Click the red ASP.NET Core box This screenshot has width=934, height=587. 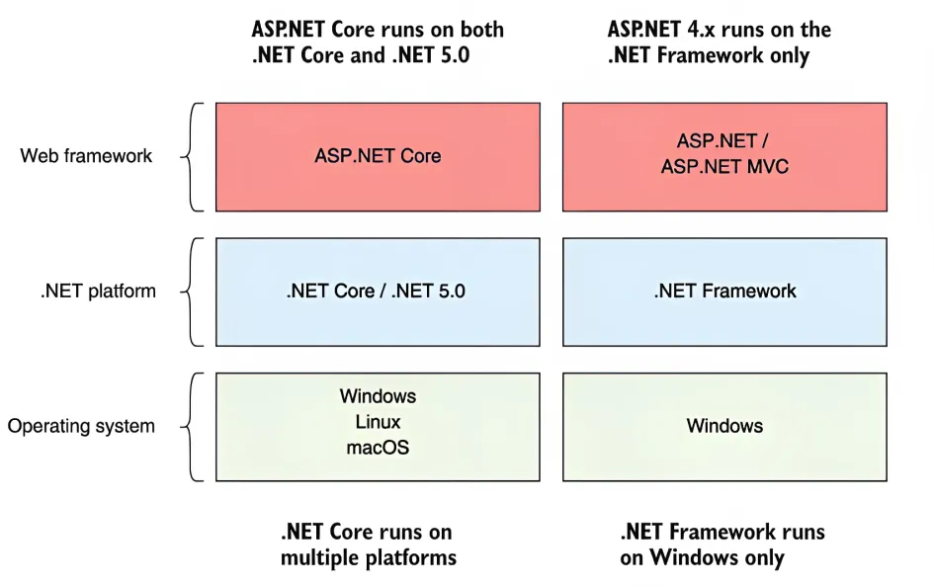(x=378, y=156)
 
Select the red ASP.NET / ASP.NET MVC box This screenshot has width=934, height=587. (x=724, y=156)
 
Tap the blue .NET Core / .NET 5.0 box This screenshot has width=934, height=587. (x=378, y=292)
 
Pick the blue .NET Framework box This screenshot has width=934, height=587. (x=724, y=292)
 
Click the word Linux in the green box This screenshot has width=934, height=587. (x=378, y=422)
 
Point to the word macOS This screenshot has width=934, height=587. (x=378, y=447)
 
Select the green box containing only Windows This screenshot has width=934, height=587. (x=724, y=427)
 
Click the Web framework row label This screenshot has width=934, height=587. (x=86, y=155)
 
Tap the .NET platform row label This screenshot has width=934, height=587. (x=98, y=291)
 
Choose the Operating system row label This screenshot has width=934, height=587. (x=81, y=426)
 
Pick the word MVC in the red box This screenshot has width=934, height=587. (x=767, y=166)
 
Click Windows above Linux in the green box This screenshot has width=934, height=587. (x=378, y=396)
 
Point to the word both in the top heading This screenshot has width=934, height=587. (x=481, y=30)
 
